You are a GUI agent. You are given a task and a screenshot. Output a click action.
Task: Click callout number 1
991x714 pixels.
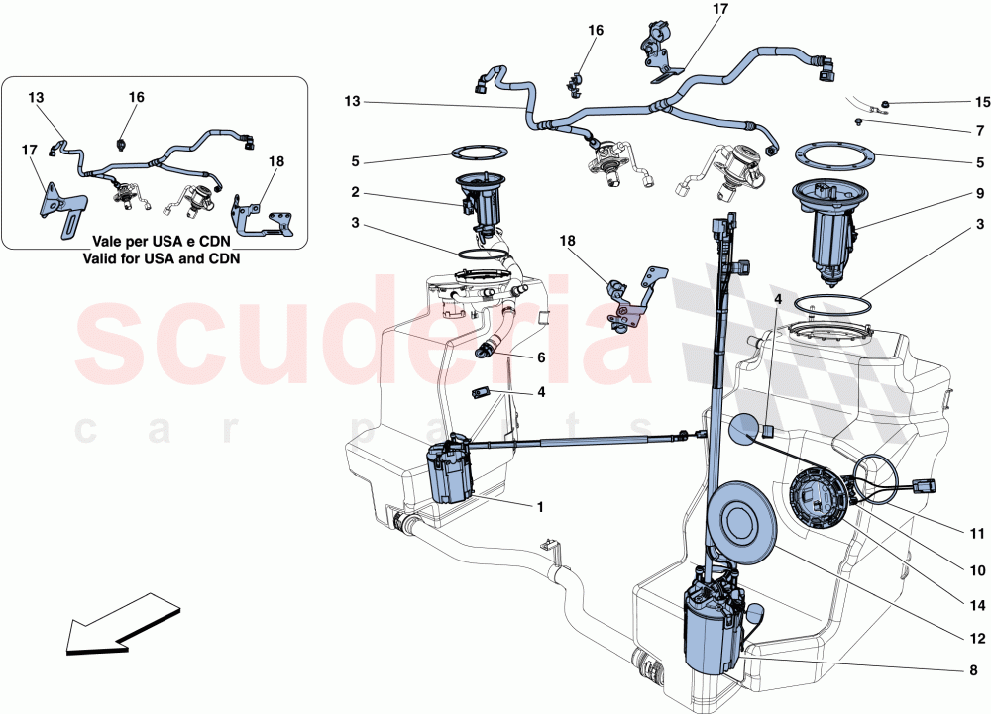click(540, 508)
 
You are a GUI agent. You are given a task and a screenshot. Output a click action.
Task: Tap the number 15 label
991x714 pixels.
click(982, 102)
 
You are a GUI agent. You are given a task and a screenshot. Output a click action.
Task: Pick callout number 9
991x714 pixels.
click(979, 194)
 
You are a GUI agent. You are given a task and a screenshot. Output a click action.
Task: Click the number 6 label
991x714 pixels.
click(541, 357)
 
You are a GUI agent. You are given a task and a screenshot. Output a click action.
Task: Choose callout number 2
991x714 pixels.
click(354, 194)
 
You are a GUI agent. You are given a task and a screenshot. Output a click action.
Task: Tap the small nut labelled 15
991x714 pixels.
click(886, 104)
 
